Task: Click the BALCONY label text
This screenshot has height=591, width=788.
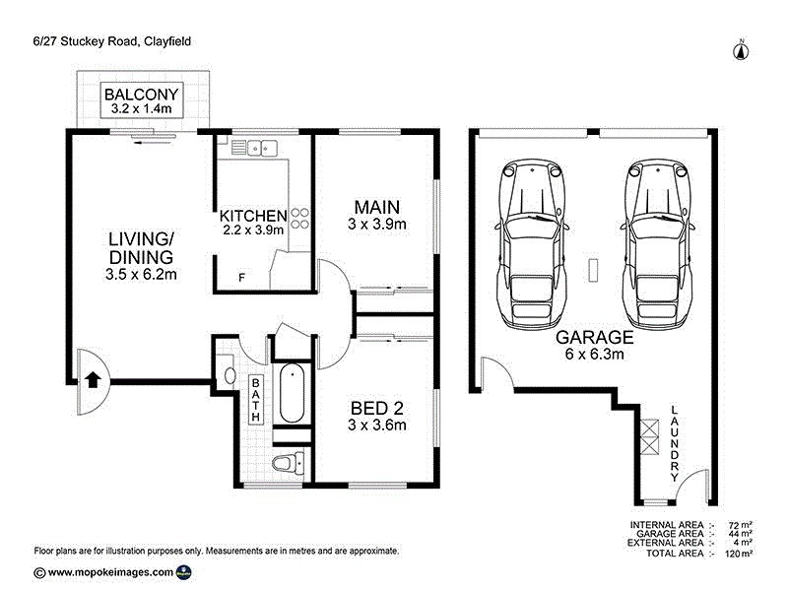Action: pos(142,96)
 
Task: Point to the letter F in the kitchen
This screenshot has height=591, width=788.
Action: pos(241,279)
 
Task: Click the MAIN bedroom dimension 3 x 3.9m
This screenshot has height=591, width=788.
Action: pos(377,225)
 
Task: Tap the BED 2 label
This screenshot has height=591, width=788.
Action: pos(377,407)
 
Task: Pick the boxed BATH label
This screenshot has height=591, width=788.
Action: pos(255,400)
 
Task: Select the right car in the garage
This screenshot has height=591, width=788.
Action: pos(657,242)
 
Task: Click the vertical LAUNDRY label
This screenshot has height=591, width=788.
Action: pos(675,443)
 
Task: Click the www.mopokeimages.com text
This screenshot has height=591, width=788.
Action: pos(110,572)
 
